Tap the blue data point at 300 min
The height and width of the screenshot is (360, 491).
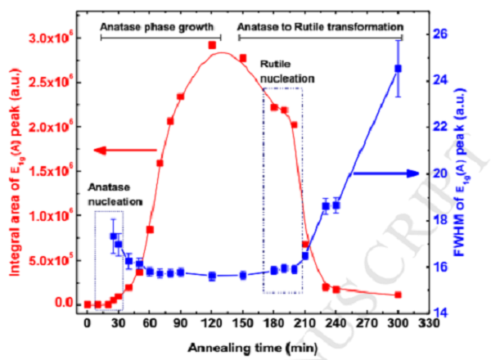click(399, 69)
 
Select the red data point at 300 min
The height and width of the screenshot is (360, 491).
click(399, 295)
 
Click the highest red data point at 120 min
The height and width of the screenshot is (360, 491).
click(212, 45)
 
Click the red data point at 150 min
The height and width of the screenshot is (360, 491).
click(243, 58)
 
